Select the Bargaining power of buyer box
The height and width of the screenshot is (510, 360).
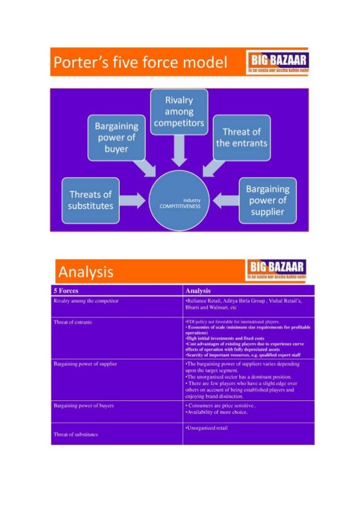[116, 136]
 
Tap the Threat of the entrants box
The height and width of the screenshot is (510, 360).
[242, 137]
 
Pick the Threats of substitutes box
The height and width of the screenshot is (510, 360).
[90, 200]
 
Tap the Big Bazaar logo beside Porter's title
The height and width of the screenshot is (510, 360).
[276, 62]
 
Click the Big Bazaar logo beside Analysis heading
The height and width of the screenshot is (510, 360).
[276, 270]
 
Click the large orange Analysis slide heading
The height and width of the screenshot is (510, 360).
[86, 273]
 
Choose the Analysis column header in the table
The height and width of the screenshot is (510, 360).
[197, 290]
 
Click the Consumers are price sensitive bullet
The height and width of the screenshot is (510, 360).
[221, 405]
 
